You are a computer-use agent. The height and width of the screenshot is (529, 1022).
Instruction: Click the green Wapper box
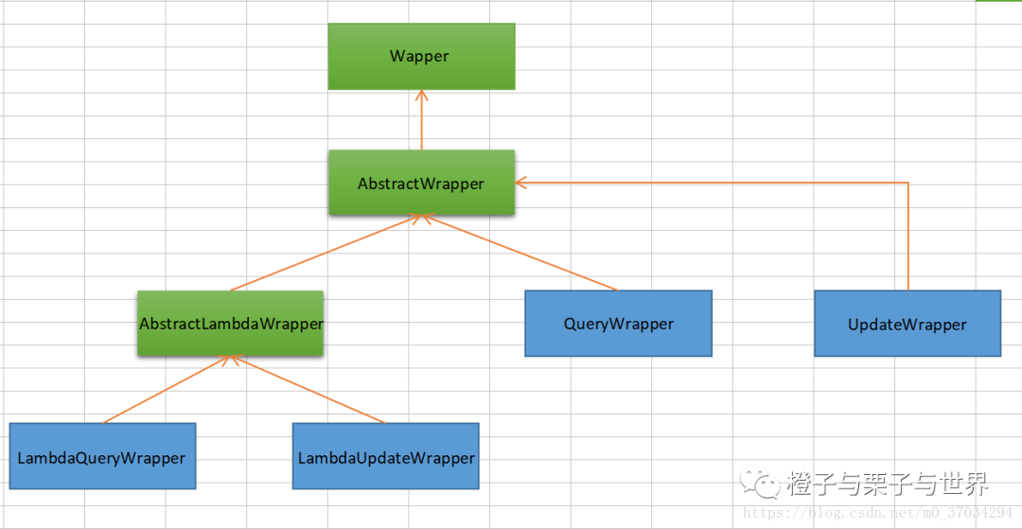pyautogui.click(x=421, y=57)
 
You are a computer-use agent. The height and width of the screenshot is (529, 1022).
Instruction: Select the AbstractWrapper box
pyautogui.click(x=421, y=183)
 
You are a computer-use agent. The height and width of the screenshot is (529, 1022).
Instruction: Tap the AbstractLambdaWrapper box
pyautogui.click(x=230, y=323)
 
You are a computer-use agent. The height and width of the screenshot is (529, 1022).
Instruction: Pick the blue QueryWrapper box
pyautogui.click(x=618, y=323)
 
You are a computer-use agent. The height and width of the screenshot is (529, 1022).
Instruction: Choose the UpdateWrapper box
pyautogui.click(x=907, y=323)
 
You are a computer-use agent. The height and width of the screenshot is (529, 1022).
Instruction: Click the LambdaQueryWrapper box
pyautogui.click(x=102, y=456)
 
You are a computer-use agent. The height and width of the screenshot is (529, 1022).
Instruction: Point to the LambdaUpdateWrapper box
pyautogui.click(x=385, y=456)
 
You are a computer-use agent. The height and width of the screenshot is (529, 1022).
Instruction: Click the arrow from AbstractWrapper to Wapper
pyautogui.click(x=421, y=120)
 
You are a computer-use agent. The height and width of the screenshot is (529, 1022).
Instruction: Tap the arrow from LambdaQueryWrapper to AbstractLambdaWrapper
pyautogui.click(x=167, y=390)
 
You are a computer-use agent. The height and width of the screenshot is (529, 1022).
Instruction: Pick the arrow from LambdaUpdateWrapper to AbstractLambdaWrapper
pyautogui.click(x=308, y=390)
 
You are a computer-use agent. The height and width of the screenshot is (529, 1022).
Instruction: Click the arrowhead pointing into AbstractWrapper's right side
pyautogui.click(x=520, y=183)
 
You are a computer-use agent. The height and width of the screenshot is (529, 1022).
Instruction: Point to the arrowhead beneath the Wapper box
pyautogui.click(x=421, y=96)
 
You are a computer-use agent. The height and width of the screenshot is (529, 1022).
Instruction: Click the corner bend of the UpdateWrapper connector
pyautogui.click(x=907, y=183)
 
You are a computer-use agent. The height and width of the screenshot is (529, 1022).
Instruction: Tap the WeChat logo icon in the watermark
pyautogui.click(x=759, y=485)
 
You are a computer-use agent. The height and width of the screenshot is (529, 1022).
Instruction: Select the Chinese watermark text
pyautogui.click(x=889, y=484)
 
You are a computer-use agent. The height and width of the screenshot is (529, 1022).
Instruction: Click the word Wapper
pyautogui.click(x=420, y=57)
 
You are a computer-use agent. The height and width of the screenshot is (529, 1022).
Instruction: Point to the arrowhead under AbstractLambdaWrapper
pyautogui.click(x=230, y=361)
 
